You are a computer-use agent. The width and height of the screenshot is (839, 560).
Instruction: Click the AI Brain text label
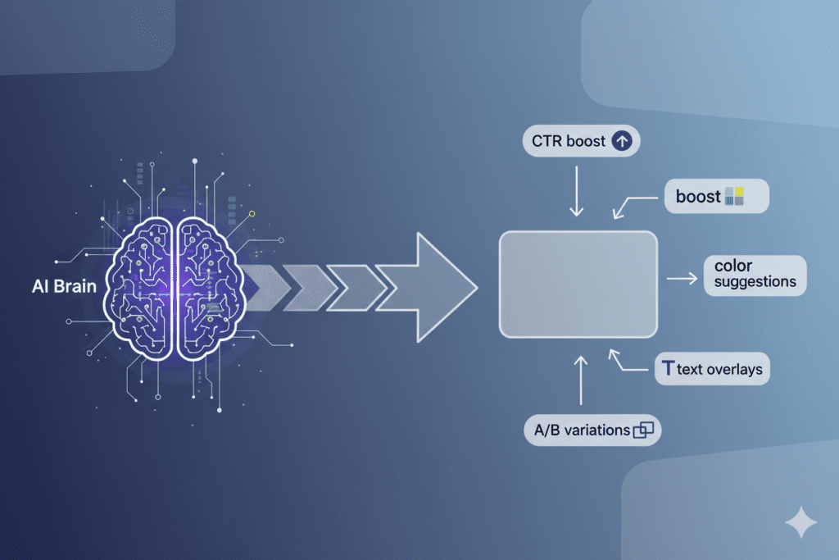(62, 288)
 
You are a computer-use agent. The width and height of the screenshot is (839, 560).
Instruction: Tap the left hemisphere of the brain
(141, 287)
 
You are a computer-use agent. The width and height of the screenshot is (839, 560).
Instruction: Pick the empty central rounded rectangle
(578, 284)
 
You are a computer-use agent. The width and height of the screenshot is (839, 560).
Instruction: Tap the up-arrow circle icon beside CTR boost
(622, 141)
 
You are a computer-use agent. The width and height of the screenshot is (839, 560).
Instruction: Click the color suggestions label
(755, 275)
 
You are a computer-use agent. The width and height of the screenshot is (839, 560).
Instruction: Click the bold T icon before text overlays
(667, 369)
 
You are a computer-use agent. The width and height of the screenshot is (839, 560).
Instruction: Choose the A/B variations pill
(592, 430)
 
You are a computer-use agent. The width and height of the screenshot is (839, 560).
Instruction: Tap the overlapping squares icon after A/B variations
(644, 430)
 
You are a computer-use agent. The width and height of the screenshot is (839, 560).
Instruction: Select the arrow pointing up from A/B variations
(582, 379)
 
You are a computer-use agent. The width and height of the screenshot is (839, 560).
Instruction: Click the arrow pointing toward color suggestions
(681, 280)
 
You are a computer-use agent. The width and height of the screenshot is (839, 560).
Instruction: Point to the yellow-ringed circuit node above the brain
(252, 214)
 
